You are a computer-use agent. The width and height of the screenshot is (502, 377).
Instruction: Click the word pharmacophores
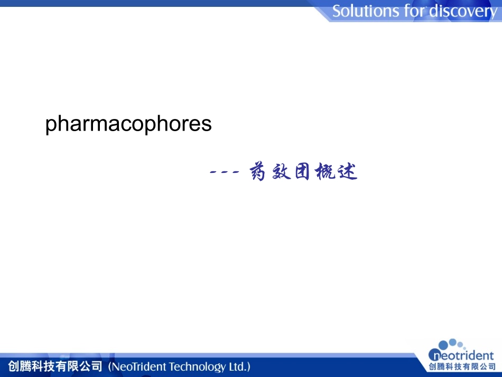coord(128,124)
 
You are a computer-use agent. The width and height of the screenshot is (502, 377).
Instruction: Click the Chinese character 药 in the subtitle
coord(257,172)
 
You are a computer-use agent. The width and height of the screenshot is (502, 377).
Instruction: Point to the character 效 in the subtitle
coord(281,172)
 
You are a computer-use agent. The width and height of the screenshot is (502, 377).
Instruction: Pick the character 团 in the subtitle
coord(303,172)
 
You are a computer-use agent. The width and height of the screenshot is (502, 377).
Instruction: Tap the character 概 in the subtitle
coord(325,172)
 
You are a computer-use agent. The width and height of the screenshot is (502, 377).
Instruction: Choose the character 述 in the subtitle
coord(348,172)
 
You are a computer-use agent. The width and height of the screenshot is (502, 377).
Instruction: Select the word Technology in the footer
coord(194,366)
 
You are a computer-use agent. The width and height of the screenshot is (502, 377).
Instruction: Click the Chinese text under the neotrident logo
coord(462,367)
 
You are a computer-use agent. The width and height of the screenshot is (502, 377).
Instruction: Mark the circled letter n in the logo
coord(435,355)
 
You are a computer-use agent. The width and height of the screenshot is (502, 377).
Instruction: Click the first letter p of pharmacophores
coord(51,125)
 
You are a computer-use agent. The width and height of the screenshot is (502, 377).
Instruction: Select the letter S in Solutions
coord(337,11)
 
